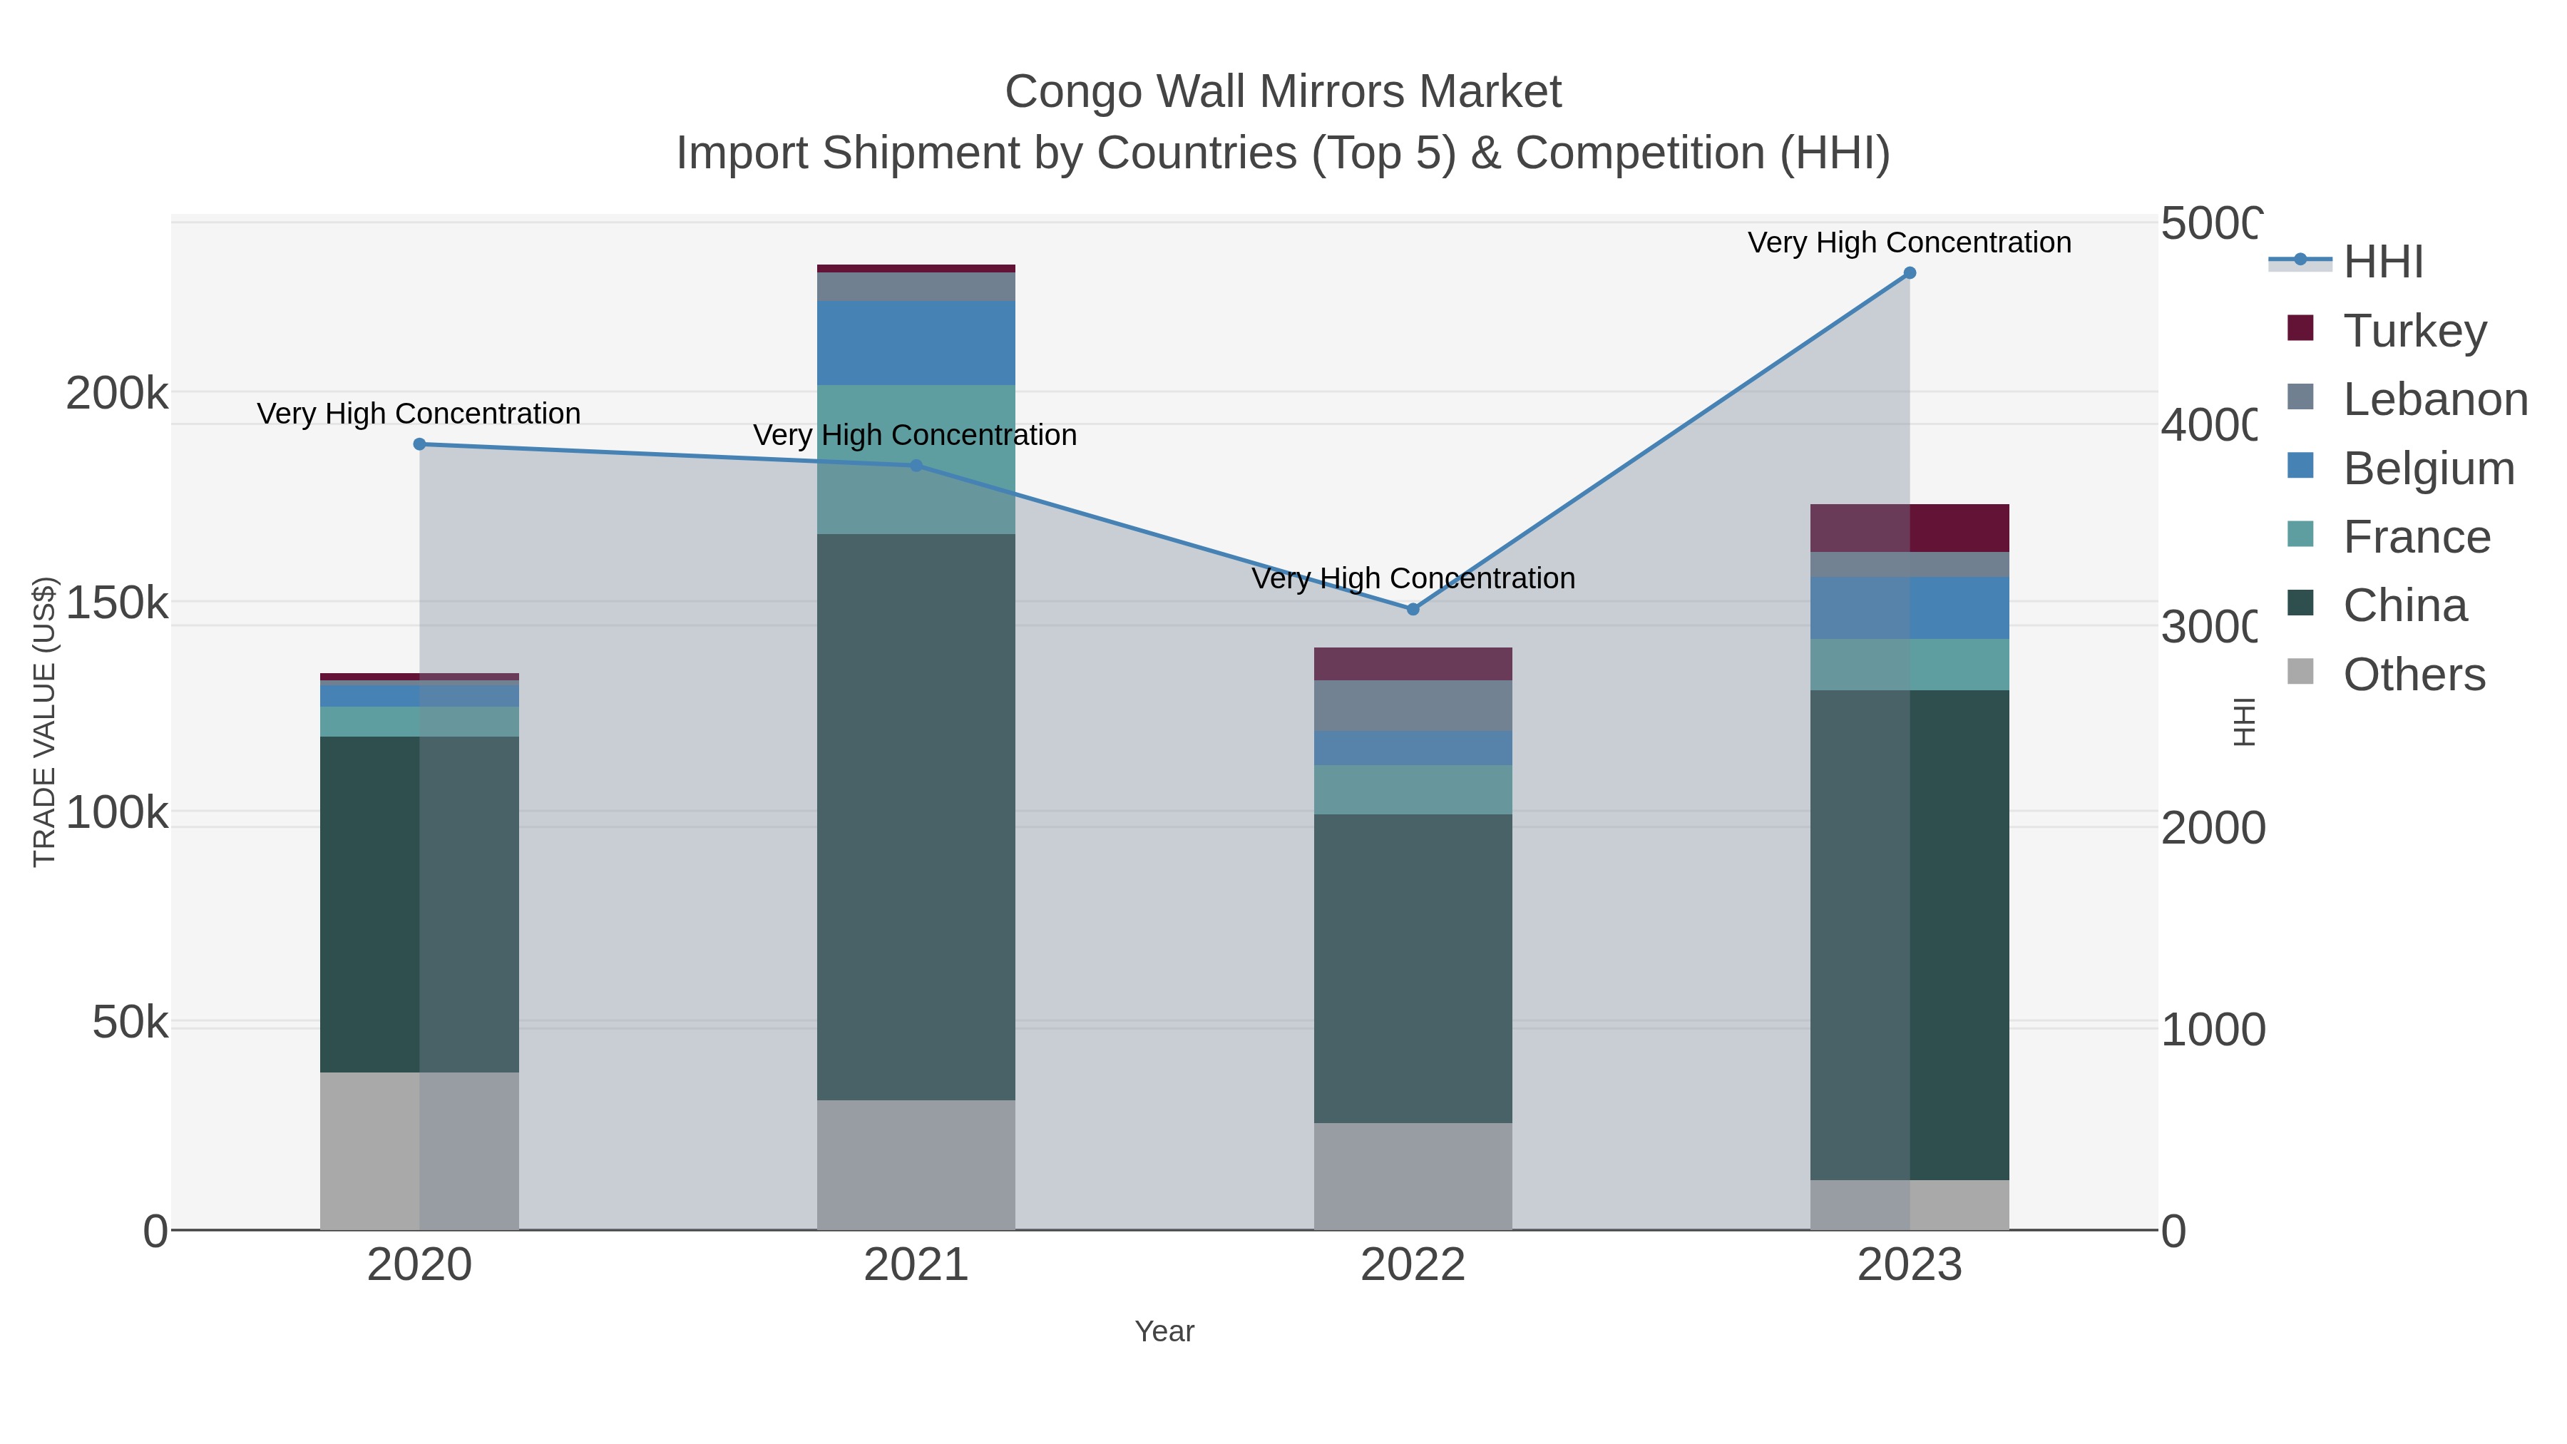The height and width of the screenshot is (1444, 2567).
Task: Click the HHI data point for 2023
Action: pyautogui.click(x=1910, y=273)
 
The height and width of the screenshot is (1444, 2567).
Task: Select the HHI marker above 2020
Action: pyautogui.click(x=419, y=444)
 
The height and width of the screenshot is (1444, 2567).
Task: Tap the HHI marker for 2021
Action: pyautogui.click(x=917, y=466)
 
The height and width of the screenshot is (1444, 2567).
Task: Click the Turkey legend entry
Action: pyautogui.click(x=2414, y=330)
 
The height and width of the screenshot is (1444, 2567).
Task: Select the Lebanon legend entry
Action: pyautogui.click(x=2434, y=399)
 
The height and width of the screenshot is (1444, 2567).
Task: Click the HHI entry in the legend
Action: pyautogui.click(x=2382, y=262)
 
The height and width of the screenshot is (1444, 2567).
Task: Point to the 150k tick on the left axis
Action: pyautogui.click(x=117, y=603)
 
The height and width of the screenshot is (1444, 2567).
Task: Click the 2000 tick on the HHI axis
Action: pyautogui.click(x=2212, y=828)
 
